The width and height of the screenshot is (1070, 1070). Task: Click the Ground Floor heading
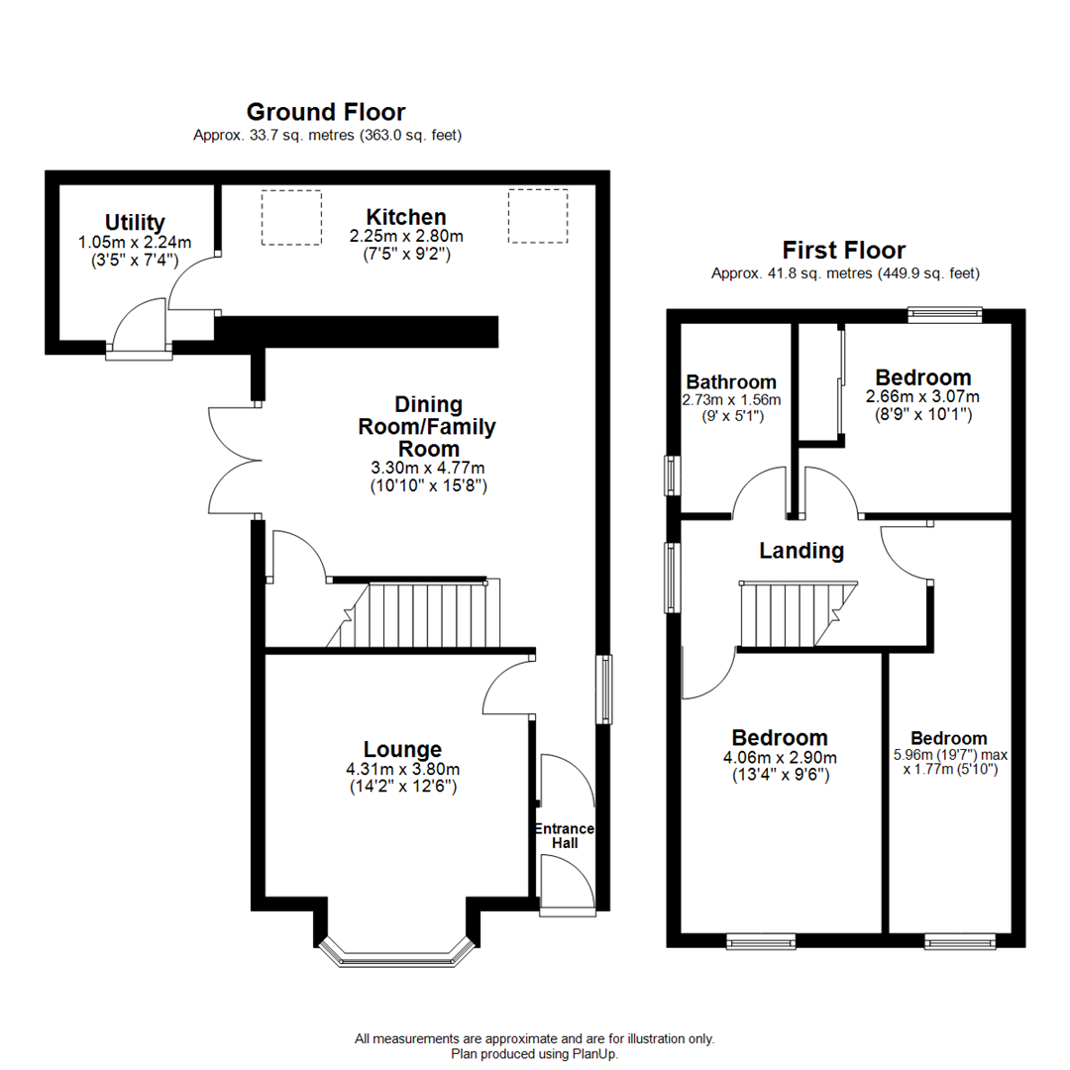pos(325,112)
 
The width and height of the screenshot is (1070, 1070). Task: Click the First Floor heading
pos(843,250)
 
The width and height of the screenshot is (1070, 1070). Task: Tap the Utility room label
pos(135,222)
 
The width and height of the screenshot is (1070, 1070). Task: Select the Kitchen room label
pos(405,216)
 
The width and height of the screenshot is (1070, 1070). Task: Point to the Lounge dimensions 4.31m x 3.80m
pos(401,768)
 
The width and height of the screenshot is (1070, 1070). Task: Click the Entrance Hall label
pos(565,835)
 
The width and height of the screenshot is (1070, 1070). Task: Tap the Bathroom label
pos(731,381)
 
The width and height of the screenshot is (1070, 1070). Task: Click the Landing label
pos(802,550)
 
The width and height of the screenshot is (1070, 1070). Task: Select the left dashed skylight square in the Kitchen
pos(291,216)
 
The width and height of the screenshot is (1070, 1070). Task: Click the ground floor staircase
pos(426,615)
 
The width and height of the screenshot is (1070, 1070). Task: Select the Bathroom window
pos(672,475)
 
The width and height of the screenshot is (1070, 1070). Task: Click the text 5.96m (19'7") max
pos(949,755)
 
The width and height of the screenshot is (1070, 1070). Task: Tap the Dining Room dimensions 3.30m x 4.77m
pos(428,468)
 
